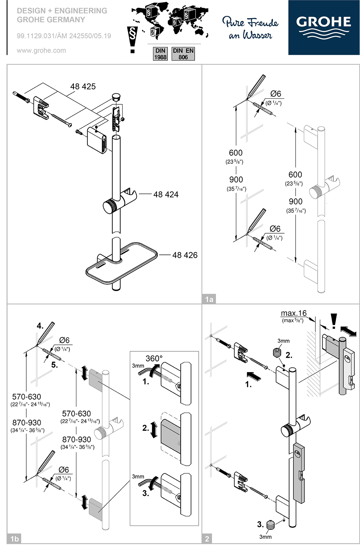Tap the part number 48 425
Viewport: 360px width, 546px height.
click(x=83, y=86)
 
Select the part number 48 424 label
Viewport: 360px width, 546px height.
click(x=166, y=194)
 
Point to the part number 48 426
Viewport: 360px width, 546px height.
click(x=185, y=255)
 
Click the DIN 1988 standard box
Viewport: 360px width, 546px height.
click(x=160, y=54)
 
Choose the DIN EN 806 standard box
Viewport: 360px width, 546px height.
click(x=183, y=54)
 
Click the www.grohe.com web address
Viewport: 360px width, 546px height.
click(x=41, y=50)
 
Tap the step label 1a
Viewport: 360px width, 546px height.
click(x=209, y=299)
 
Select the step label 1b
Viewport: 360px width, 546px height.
click(x=14, y=539)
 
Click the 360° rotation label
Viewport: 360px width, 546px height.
click(x=154, y=358)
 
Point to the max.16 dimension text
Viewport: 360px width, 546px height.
click(x=293, y=313)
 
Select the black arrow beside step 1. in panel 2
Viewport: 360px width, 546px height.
click(x=254, y=376)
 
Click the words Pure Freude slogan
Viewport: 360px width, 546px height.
click(x=250, y=22)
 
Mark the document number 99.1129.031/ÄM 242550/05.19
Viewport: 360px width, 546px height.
click(x=64, y=36)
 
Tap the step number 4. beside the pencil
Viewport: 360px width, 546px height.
click(x=40, y=326)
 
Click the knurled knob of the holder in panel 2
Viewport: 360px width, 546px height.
click(x=287, y=430)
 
